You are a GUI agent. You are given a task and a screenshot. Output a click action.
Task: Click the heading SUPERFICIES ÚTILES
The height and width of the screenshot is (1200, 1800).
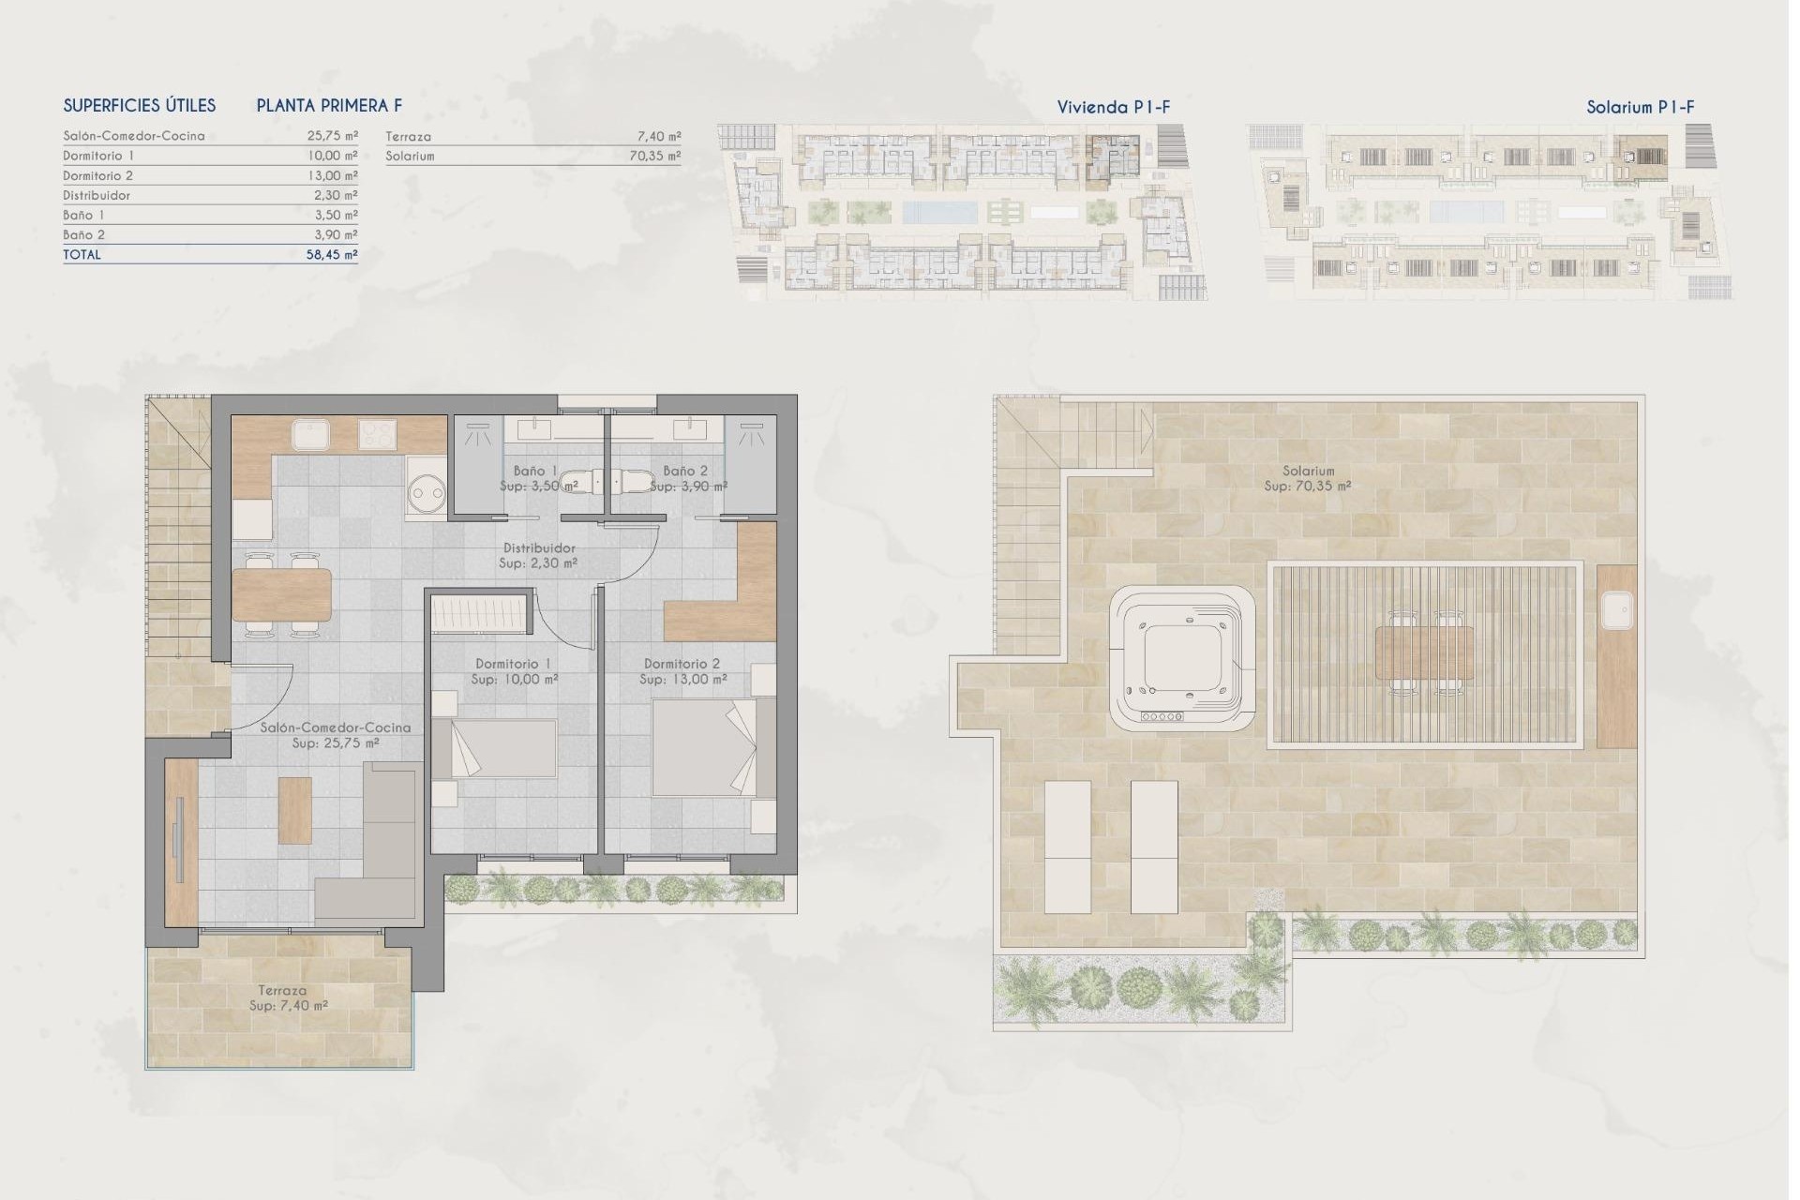(x=140, y=106)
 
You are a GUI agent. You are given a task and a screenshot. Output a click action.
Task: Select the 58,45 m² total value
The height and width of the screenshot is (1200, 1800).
(x=332, y=255)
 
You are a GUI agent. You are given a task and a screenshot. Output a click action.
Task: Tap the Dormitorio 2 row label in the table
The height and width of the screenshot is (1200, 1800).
(x=98, y=176)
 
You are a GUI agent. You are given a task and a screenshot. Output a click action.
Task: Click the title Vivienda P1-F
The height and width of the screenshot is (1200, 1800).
(x=1113, y=108)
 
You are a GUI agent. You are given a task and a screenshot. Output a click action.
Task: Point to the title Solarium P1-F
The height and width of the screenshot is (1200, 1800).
(x=1640, y=108)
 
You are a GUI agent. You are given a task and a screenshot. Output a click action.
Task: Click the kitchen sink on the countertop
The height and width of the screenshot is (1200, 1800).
(x=309, y=435)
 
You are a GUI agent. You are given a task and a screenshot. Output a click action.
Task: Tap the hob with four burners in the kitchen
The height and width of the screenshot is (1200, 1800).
(x=378, y=435)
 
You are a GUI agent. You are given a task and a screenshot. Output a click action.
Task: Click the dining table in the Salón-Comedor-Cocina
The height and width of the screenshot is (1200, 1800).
(x=281, y=596)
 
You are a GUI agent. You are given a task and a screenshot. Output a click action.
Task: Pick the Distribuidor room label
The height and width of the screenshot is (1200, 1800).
(x=539, y=548)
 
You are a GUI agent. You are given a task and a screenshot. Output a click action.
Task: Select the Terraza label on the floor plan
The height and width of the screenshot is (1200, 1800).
(x=282, y=991)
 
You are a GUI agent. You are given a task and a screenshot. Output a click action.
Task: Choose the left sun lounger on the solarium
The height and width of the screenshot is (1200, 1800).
(x=1068, y=847)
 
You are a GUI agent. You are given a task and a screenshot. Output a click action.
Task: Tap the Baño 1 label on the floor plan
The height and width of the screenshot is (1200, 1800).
(x=535, y=471)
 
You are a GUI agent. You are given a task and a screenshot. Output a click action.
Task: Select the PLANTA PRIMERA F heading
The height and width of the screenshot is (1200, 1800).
(x=329, y=106)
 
